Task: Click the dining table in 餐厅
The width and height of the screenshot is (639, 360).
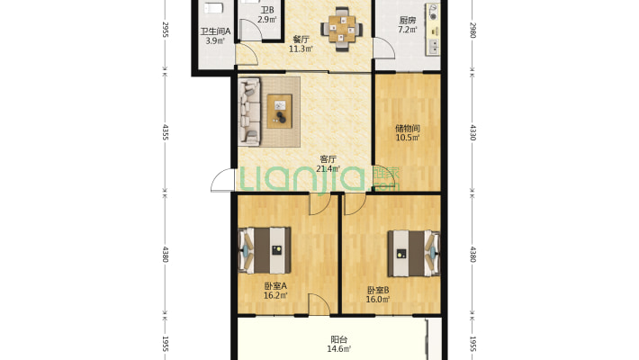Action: pos(341,29)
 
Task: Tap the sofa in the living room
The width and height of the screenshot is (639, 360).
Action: pos(249,112)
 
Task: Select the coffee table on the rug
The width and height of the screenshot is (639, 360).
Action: pos(280,111)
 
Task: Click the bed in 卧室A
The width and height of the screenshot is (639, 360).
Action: pos(265,250)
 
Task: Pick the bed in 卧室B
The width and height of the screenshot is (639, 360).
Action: pos(414,254)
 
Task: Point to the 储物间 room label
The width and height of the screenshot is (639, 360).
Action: pos(408,129)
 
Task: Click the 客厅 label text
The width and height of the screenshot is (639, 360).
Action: pos(328,159)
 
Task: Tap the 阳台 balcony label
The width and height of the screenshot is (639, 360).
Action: pos(338,339)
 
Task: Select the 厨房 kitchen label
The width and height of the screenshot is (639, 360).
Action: pos(408,21)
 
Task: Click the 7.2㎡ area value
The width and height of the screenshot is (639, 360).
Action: pos(408,30)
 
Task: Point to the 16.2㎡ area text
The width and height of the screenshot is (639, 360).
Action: pos(275,295)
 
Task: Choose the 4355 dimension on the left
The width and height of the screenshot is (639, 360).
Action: pos(165,132)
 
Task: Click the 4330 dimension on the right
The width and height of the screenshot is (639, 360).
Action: pos(472,132)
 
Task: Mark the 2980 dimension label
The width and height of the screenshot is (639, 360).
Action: pos(472,30)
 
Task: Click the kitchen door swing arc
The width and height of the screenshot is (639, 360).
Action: pos(384,48)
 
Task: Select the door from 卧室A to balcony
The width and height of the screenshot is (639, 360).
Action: pos(319,304)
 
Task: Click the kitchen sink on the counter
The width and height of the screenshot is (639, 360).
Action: pos(434,47)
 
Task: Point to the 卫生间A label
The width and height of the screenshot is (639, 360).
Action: pos(215,31)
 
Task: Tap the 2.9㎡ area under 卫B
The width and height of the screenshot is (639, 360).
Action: pos(267,19)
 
